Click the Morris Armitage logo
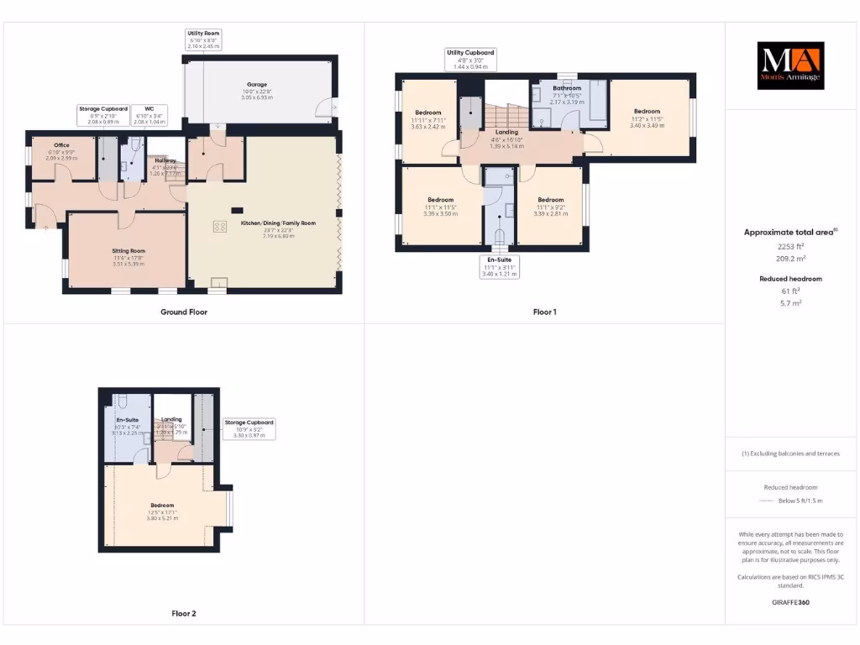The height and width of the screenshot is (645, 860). click(x=791, y=66)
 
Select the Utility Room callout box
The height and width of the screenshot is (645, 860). click(x=203, y=39)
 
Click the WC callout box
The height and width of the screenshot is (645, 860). click(x=149, y=113)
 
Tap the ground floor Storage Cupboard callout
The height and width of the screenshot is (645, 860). click(x=103, y=113)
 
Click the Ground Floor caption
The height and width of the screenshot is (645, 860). click(x=184, y=312)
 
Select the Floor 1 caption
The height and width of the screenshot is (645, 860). click(x=544, y=312)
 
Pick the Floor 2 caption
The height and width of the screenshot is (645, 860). click(x=183, y=614)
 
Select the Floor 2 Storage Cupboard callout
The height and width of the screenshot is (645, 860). click(x=248, y=428)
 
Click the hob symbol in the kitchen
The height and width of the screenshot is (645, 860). click(x=221, y=225)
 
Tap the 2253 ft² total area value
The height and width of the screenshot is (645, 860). click(x=790, y=247)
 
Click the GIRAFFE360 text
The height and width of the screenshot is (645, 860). click(x=789, y=602)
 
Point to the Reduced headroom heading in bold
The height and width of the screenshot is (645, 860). click(x=790, y=278)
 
